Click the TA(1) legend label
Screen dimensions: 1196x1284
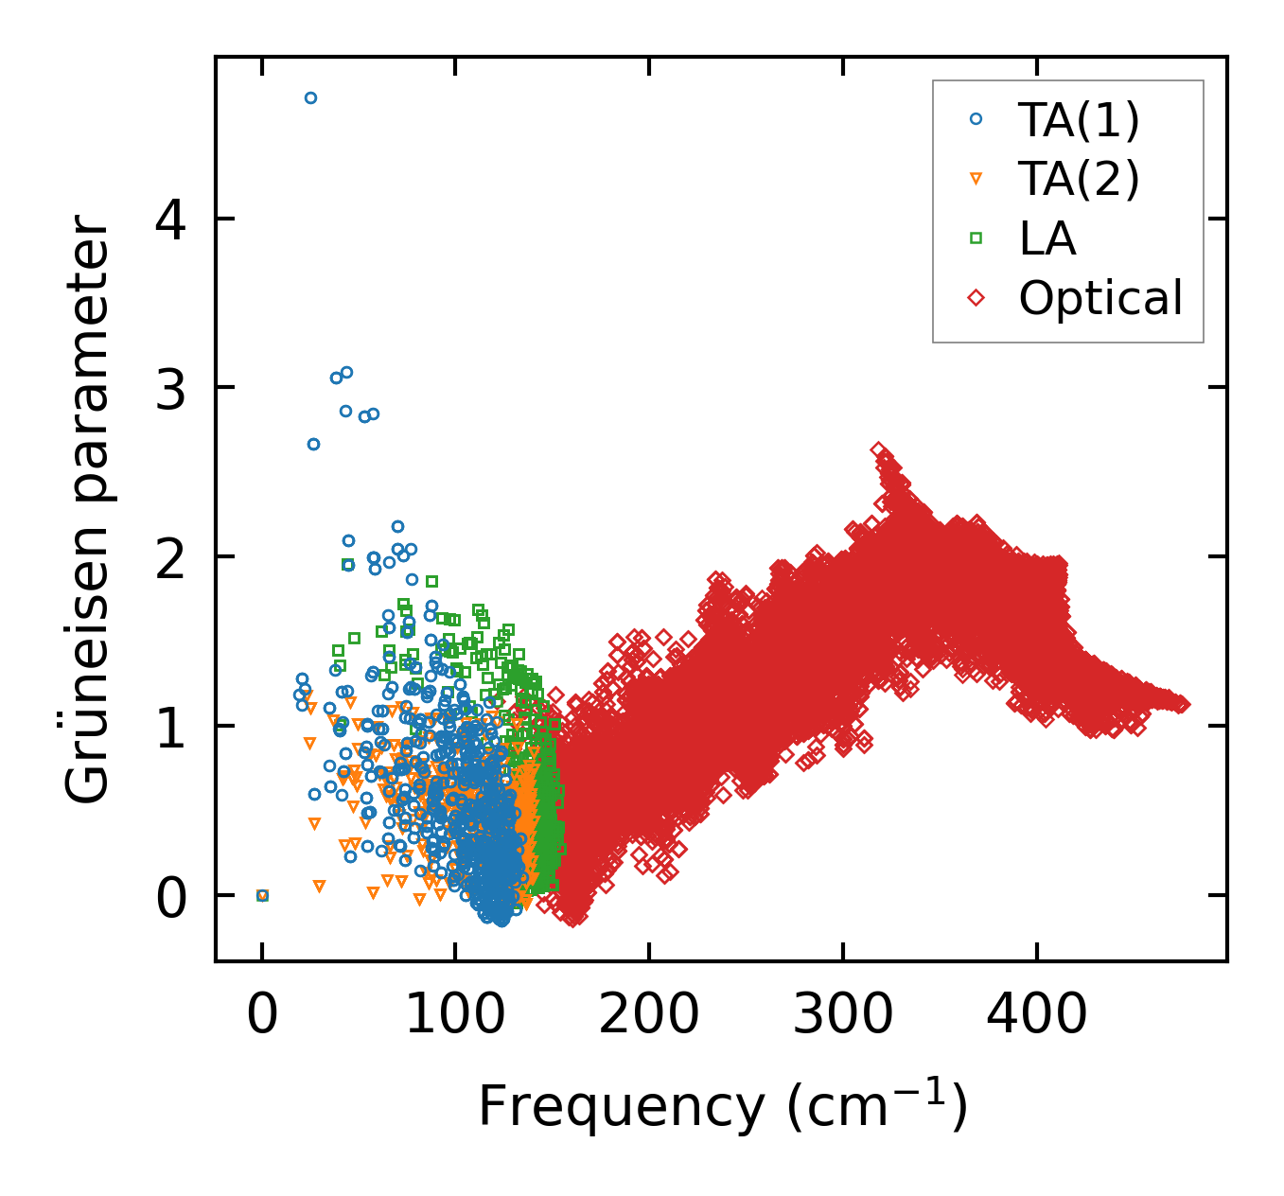tap(1079, 120)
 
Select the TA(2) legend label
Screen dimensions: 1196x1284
tap(1079, 179)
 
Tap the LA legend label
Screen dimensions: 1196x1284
tap(1047, 238)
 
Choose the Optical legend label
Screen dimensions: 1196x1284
tap(1100, 298)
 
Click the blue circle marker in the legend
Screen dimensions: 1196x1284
tap(976, 119)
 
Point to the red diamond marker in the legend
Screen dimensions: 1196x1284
tap(976, 298)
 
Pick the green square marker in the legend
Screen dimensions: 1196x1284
tap(976, 238)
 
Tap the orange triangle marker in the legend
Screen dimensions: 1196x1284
tap(976, 180)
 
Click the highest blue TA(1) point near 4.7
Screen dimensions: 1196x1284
tap(310, 97)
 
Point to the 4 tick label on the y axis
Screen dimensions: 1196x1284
tap(171, 220)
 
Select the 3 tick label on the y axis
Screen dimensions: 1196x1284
tap(171, 388)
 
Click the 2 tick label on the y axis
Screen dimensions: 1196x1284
tap(171, 556)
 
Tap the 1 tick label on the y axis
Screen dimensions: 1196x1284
tap(171, 726)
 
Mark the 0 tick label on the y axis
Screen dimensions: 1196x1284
tap(171, 895)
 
